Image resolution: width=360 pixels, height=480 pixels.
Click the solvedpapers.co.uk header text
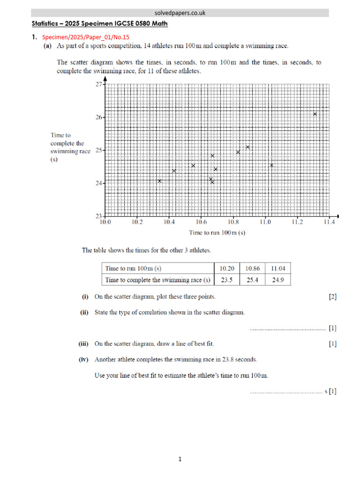click(x=180, y=13)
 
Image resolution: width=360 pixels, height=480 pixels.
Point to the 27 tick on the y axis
click(x=98, y=84)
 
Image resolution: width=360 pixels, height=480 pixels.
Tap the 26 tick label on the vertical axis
click(x=98, y=117)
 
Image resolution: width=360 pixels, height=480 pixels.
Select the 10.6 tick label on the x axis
click(x=201, y=223)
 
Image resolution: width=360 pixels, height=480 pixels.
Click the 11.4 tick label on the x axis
click(x=329, y=223)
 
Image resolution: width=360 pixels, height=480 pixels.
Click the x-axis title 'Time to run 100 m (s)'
click(x=217, y=232)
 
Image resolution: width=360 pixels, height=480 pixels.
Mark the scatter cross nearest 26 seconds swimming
click(x=315, y=114)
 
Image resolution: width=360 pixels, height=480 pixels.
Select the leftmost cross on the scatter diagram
click(x=160, y=181)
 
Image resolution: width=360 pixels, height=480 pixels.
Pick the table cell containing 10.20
click(x=226, y=269)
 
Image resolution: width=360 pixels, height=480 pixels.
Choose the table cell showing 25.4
click(x=252, y=280)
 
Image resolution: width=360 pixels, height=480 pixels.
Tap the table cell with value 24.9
click(x=278, y=280)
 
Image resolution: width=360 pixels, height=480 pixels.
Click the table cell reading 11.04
click(x=278, y=269)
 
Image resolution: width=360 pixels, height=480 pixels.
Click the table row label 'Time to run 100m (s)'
click(x=134, y=269)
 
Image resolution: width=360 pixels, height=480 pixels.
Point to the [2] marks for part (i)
click(x=332, y=296)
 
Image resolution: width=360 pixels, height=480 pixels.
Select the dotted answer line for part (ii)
click(x=287, y=329)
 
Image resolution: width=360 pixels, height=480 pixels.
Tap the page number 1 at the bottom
click(x=180, y=459)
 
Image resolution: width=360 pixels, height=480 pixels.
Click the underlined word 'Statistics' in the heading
click(x=46, y=23)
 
